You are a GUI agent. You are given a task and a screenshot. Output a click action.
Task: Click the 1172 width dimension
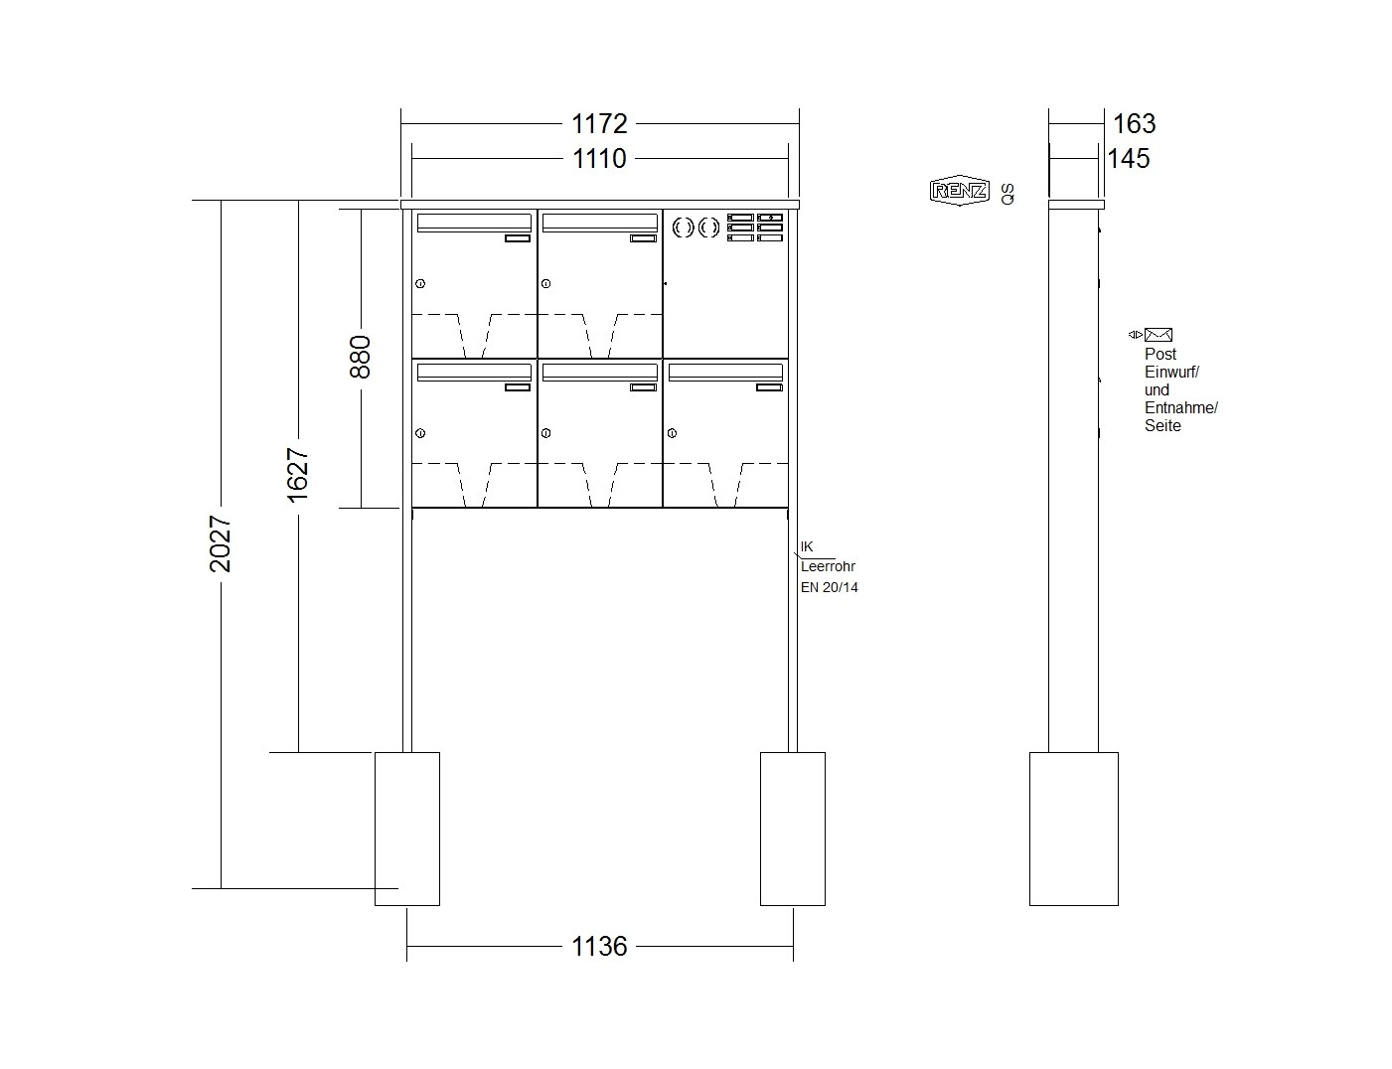click(599, 123)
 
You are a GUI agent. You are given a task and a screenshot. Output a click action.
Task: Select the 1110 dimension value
click(599, 158)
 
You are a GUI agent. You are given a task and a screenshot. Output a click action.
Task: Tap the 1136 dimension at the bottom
click(599, 946)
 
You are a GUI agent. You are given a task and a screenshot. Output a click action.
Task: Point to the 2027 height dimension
click(220, 543)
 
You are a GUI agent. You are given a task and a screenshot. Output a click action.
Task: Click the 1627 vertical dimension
click(297, 475)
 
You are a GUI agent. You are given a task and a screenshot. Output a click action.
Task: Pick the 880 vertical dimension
click(360, 357)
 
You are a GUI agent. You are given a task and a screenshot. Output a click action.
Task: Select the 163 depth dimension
click(1134, 123)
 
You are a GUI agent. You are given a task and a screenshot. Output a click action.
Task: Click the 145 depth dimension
click(1129, 158)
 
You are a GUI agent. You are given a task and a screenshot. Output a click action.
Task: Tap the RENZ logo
click(959, 190)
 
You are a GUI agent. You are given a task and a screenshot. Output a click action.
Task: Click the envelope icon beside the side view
click(1159, 335)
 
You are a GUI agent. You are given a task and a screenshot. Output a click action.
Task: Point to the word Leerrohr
click(828, 566)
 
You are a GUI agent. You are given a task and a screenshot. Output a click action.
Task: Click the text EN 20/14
click(829, 587)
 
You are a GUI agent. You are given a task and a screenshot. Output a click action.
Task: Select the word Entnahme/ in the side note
click(1181, 408)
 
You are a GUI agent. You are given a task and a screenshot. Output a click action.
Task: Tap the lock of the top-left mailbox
click(420, 284)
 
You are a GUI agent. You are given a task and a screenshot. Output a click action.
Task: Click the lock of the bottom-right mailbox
click(672, 433)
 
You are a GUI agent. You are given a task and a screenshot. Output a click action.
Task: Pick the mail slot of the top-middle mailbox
click(599, 223)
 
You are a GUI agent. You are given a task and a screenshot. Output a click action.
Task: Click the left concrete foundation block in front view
click(406, 829)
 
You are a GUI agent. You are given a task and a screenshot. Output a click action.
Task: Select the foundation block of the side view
click(1074, 829)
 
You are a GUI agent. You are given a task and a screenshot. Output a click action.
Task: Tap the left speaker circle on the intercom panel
click(683, 228)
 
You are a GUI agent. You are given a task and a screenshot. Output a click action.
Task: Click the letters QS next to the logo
click(1007, 194)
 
